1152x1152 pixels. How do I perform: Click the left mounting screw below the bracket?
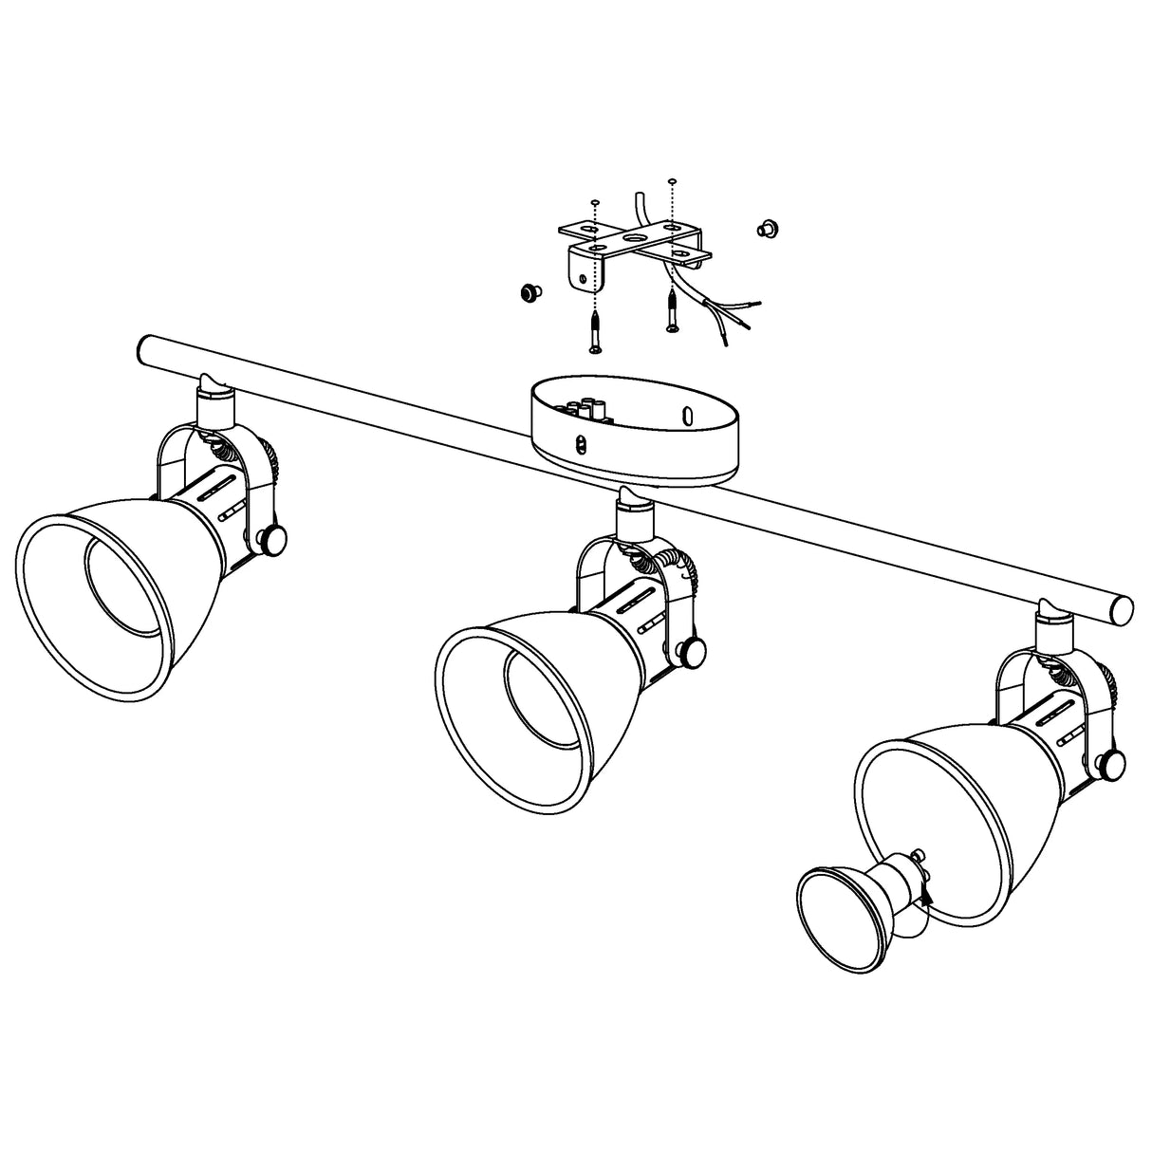pos(595,331)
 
